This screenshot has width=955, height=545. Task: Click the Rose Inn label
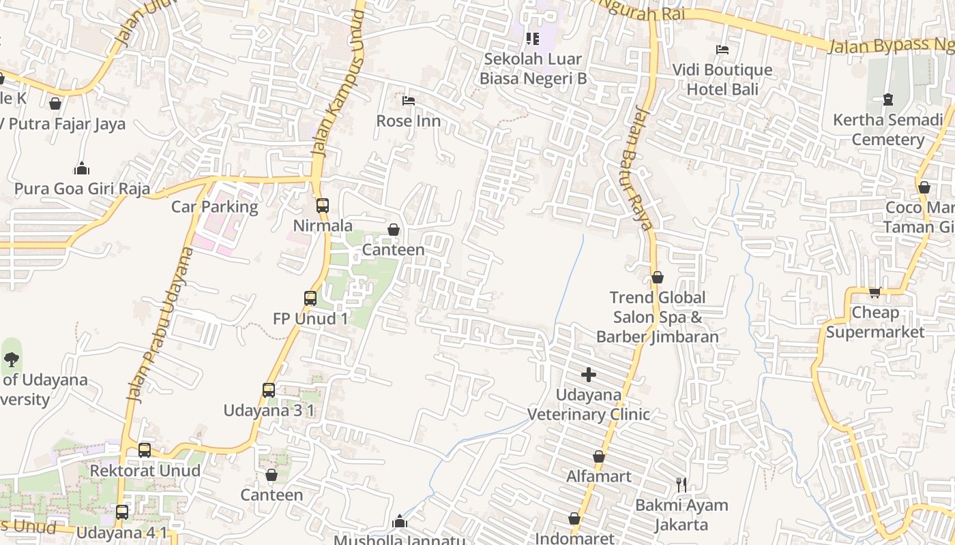coord(408,121)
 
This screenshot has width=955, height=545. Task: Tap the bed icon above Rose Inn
coord(409,101)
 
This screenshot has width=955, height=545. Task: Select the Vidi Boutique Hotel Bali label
coord(722,80)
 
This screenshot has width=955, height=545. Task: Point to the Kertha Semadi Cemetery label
coord(887,130)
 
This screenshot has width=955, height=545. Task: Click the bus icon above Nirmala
coord(323,205)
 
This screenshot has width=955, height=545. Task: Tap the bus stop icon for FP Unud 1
coord(310,298)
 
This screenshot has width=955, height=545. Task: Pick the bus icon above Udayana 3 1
coord(269,390)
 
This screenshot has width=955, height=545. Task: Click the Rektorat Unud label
coord(145,471)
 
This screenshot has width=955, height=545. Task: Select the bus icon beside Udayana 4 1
coord(122,512)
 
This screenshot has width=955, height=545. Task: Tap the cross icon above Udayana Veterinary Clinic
coord(589,375)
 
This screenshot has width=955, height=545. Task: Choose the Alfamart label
coord(599,476)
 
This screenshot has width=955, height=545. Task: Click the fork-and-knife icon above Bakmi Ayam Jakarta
coord(681,485)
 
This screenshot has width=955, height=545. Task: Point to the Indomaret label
coord(574,538)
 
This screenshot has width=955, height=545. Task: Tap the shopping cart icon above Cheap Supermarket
coord(875,293)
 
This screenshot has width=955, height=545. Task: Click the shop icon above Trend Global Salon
coord(657,277)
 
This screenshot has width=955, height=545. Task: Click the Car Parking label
coord(214,207)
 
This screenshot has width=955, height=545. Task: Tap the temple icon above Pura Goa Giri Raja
coord(82,168)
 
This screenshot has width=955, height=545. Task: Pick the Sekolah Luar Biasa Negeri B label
coord(533,69)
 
